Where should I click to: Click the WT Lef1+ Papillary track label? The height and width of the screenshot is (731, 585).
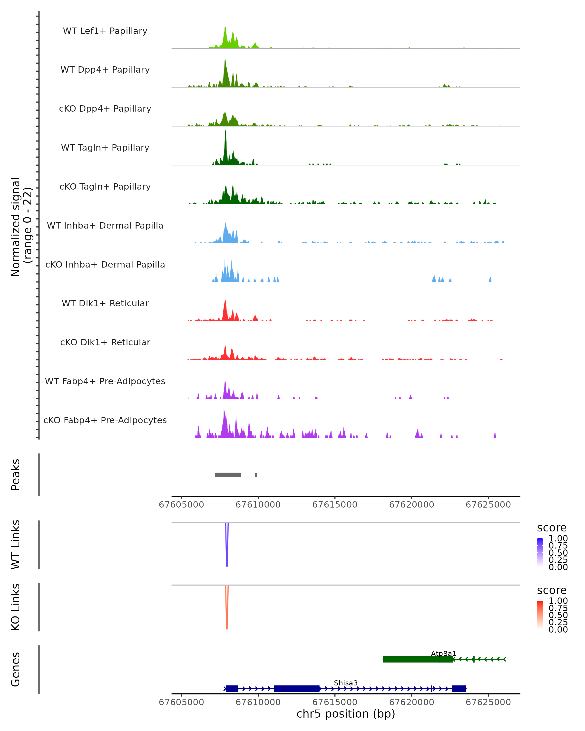tap(105, 31)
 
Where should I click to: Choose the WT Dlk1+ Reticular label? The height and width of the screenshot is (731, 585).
tap(105, 303)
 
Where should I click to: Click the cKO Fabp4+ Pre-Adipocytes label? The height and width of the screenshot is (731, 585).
tap(105, 420)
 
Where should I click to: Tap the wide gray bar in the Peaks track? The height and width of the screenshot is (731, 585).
tap(228, 475)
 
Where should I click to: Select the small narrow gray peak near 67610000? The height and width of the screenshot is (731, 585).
tap(256, 475)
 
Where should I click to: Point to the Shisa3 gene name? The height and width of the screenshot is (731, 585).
tap(346, 683)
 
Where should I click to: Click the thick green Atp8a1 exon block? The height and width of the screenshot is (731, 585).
tap(418, 659)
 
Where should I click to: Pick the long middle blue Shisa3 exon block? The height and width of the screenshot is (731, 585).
tap(297, 689)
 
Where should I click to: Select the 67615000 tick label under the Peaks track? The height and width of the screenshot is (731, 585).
tap(335, 505)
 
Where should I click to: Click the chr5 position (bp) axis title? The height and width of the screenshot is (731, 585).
tap(346, 714)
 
